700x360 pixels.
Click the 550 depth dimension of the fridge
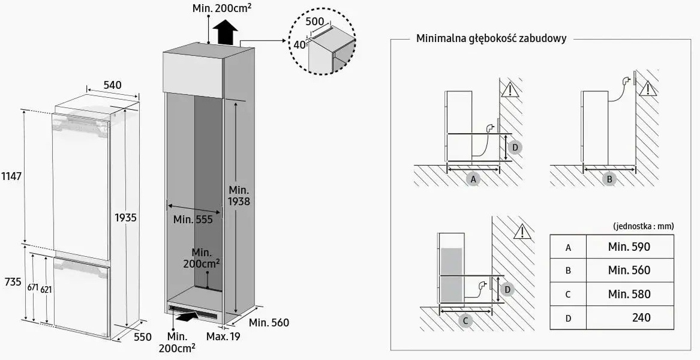tap(142, 337)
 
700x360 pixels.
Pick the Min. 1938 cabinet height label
tap(239, 196)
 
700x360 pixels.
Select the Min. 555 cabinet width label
tap(193, 220)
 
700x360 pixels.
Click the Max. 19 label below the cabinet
tap(223, 337)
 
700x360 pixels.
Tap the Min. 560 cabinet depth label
tap(269, 323)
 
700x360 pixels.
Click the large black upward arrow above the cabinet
tap(226, 32)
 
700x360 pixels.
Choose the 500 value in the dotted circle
tap(314, 22)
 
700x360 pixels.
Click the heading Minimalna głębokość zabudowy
tap(491, 38)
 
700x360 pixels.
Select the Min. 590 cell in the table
tap(629, 247)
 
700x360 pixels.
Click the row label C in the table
tap(568, 294)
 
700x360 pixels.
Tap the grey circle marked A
tap(473, 179)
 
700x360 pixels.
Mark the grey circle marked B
tap(609, 178)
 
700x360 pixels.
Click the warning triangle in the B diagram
tap(648, 89)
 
